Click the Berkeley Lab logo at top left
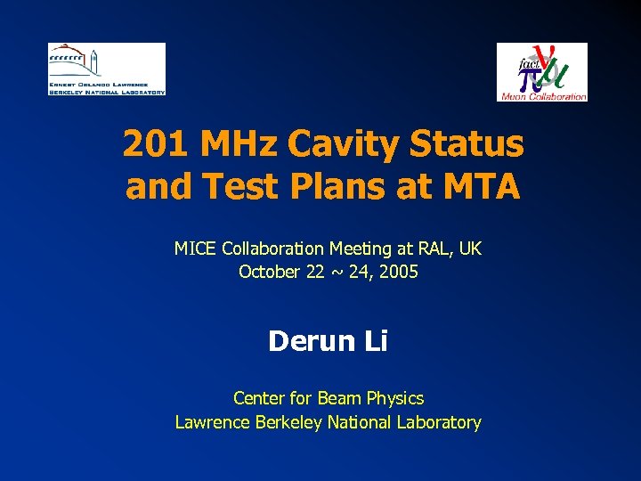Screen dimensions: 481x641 107,69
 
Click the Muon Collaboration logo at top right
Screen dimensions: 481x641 541,72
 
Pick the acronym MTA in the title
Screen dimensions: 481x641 481,187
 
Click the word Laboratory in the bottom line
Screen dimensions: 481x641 438,423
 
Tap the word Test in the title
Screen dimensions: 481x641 227,187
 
